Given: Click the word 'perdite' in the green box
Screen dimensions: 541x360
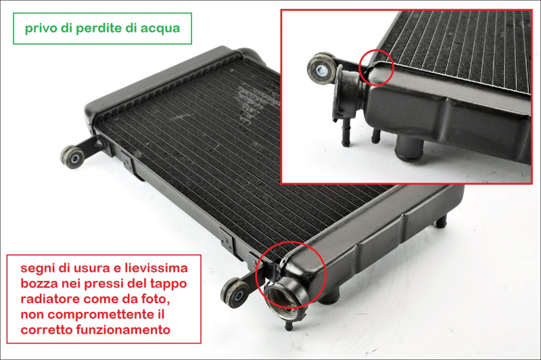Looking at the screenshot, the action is [99, 28].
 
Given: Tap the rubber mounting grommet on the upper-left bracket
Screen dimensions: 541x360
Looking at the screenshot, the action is [73, 157].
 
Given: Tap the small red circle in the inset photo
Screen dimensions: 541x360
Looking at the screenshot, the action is [377, 68].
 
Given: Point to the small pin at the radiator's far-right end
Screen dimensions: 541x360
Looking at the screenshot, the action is [441, 221].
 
